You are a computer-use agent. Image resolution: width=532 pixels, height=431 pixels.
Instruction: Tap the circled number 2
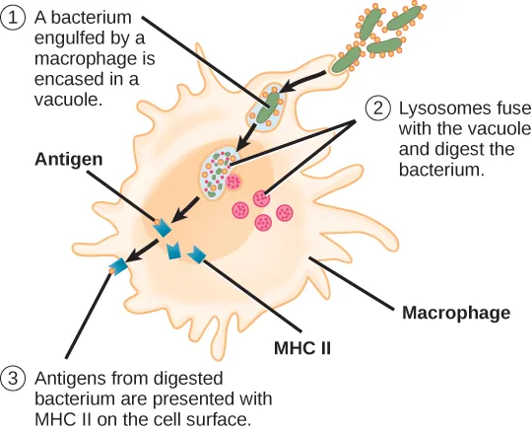(x=379, y=108)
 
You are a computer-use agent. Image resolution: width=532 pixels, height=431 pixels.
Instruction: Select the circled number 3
(x=14, y=378)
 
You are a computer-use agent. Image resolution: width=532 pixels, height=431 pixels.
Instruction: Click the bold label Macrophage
(x=455, y=314)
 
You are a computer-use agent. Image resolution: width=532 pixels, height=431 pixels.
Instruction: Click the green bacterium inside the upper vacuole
(x=266, y=108)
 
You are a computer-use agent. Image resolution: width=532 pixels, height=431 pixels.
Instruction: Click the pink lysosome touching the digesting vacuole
(x=234, y=181)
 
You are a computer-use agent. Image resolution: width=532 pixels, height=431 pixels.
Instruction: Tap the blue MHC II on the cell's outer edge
(x=120, y=265)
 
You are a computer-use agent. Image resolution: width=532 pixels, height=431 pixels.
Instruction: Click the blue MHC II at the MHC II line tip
(x=197, y=254)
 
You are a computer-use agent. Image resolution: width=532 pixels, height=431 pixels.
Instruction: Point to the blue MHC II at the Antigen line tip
(x=160, y=229)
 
